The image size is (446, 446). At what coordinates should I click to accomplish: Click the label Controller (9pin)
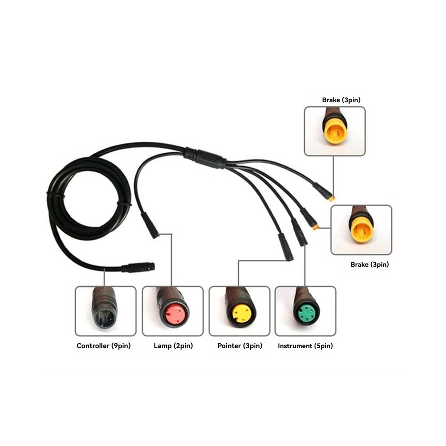(104, 346)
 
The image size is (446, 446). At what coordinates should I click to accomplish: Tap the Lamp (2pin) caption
(173, 346)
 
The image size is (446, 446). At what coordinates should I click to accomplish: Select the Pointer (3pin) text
(240, 346)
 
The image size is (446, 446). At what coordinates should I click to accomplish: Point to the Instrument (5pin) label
(305, 346)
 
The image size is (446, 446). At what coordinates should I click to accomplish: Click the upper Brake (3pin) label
(341, 100)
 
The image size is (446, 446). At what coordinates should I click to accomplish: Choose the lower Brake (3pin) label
(369, 264)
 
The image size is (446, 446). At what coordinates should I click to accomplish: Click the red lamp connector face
(175, 314)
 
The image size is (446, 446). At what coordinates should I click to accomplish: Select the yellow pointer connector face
(242, 314)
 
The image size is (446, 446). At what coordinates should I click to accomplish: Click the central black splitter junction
(205, 157)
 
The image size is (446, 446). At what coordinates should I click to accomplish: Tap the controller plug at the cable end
(138, 267)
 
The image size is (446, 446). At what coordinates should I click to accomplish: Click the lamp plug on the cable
(150, 225)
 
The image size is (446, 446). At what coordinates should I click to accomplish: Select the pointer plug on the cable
(285, 246)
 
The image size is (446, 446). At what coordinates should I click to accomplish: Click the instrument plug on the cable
(299, 232)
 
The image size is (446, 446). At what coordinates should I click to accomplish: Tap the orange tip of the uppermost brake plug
(332, 198)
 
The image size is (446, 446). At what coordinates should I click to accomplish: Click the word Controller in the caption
(93, 346)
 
